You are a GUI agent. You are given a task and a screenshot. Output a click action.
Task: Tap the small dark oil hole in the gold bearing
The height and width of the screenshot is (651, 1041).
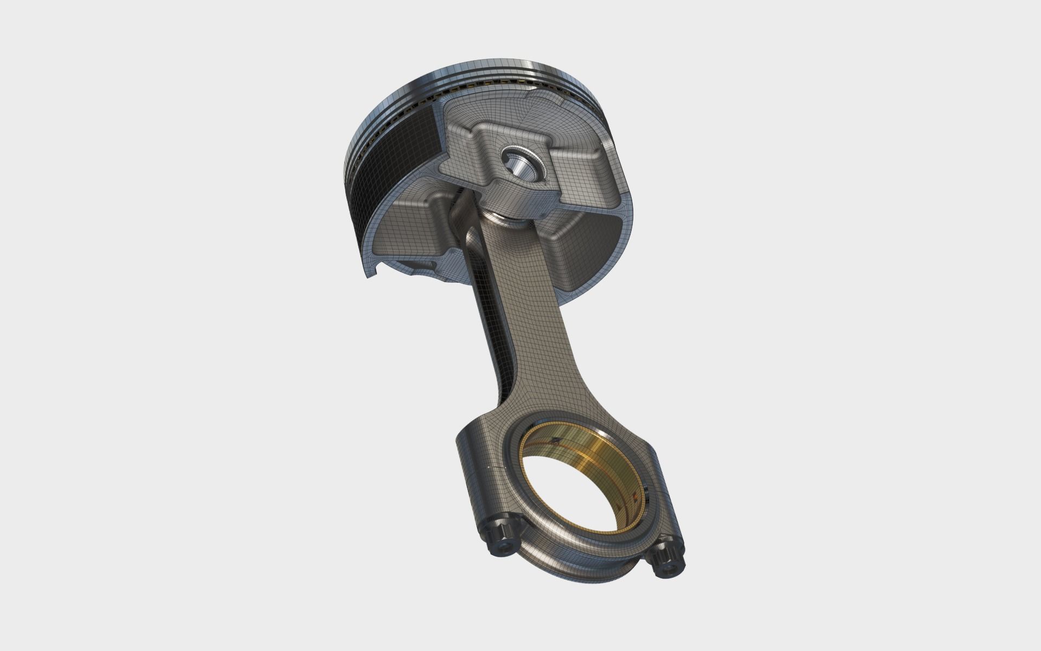554,441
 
